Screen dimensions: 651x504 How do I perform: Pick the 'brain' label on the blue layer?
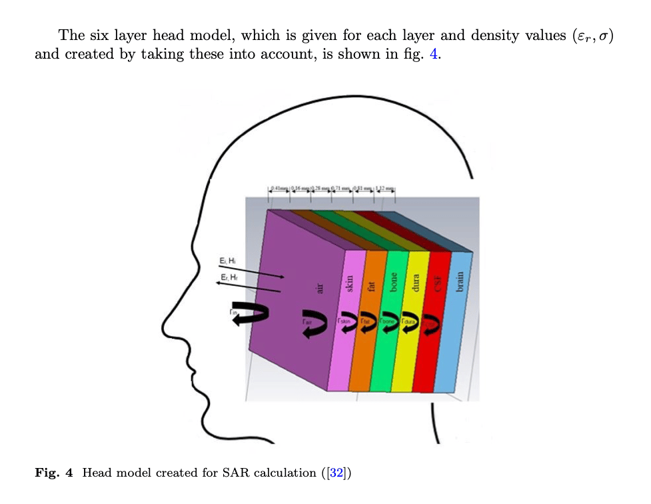click(x=459, y=283)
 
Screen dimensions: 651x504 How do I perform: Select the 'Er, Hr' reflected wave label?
click(x=228, y=275)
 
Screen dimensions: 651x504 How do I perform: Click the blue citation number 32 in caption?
click(x=336, y=473)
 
